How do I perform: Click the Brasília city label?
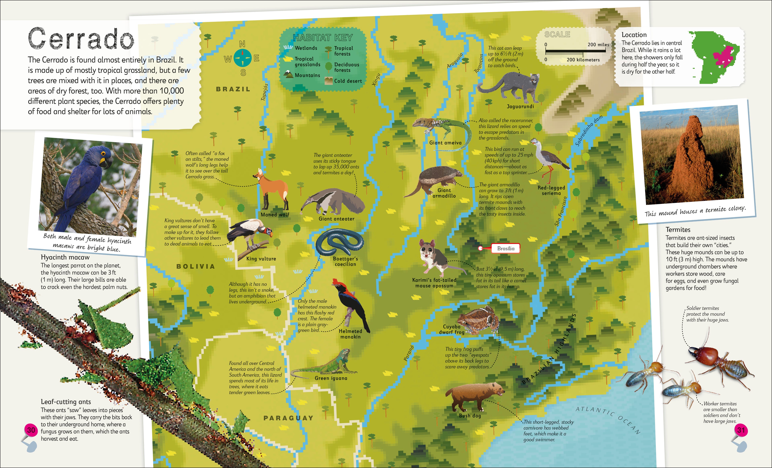point(505,248)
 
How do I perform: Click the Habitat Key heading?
point(323,38)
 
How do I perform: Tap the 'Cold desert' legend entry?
point(344,81)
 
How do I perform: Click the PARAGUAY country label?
point(288,418)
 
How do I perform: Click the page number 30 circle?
point(31,430)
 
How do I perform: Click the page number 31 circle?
point(741,430)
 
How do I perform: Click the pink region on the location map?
point(724,58)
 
